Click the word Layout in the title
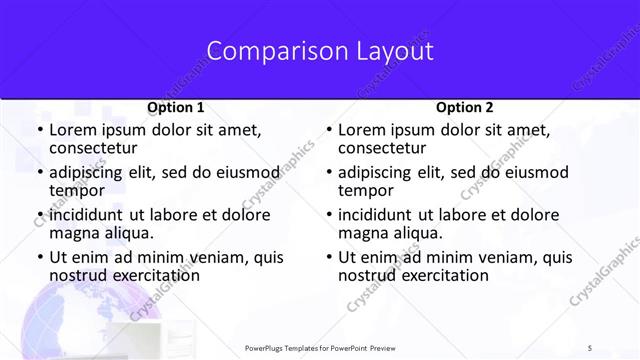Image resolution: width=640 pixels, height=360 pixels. (390, 51)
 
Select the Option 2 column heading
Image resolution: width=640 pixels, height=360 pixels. (465, 107)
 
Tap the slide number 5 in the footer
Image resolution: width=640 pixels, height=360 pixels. (590, 347)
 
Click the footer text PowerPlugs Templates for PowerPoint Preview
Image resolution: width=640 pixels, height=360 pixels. (320, 347)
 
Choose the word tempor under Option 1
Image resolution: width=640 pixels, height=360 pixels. (76, 190)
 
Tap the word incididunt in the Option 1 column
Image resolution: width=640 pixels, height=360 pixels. (88, 214)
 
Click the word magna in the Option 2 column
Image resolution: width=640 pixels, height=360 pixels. (362, 233)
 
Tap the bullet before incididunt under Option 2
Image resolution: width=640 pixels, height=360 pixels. (328, 214)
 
